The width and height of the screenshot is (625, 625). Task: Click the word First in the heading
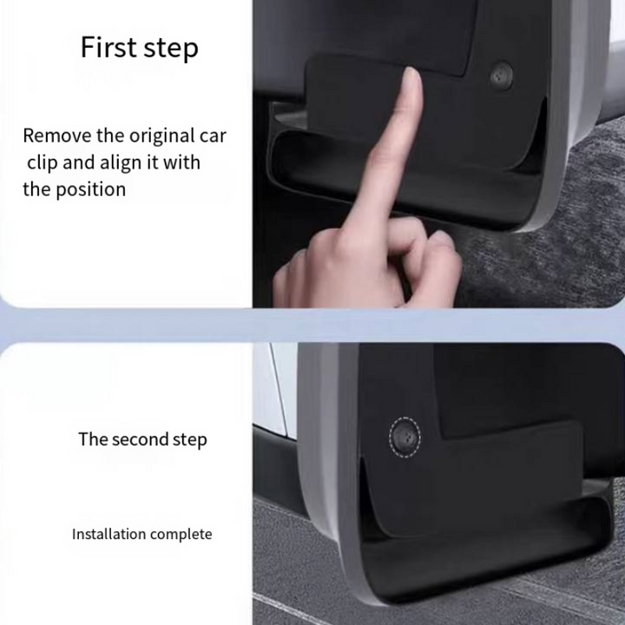[x=108, y=47]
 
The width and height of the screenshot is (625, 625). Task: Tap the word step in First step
[x=171, y=49]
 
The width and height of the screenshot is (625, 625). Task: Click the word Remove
[x=57, y=135]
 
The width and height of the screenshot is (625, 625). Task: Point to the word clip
[x=43, y=162]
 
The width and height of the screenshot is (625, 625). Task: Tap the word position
[x=90, y=190]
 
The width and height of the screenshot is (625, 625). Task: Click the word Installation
[x=109, y=534]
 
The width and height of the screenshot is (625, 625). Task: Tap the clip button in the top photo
[x=501, y=75]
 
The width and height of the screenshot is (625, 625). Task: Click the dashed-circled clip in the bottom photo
[x=405, y=437]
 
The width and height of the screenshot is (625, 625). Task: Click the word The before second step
[x=93, y=439]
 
